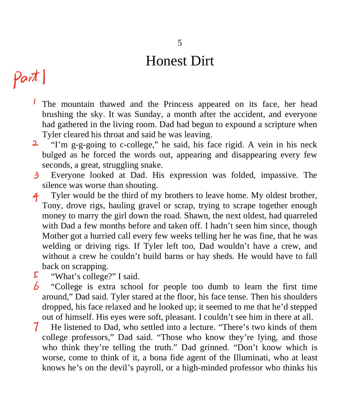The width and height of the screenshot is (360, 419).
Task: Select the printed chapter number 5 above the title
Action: [x=180, y=43]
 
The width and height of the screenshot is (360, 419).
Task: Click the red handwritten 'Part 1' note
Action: [x=29, y=79]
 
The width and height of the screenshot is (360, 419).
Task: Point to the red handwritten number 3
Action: [x=36, y=175]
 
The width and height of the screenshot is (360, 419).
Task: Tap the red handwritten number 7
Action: [x=36, y=326]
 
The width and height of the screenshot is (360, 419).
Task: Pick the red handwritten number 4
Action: [x=36, y=197]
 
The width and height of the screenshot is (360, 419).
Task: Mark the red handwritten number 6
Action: [x=36, y=286]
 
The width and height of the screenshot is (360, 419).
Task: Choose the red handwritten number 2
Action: [x=35, y=143]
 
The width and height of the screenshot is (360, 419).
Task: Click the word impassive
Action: [x=279, y=175]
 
